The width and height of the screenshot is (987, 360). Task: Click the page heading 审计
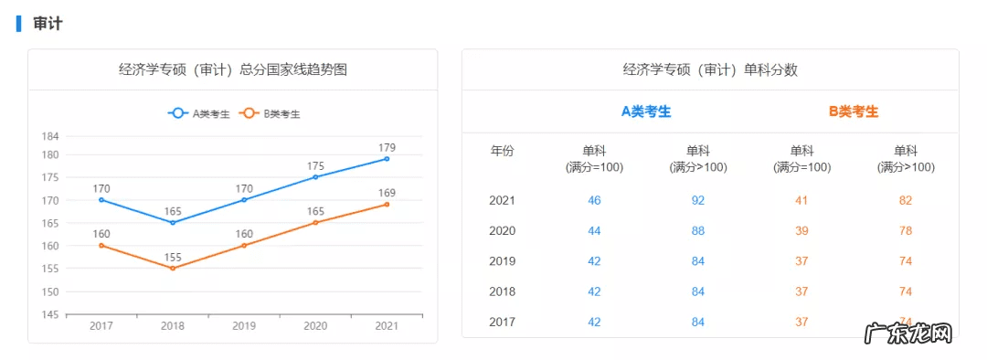tap(48, 24)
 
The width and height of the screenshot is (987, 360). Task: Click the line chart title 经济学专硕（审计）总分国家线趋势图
tap(232, 69)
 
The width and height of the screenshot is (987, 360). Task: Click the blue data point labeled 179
tap(387, 159)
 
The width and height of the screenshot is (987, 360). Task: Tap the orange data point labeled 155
tap(172, 268)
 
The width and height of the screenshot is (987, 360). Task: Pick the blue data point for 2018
tap(172, 222)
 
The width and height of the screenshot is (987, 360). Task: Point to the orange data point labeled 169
tap(387, 204)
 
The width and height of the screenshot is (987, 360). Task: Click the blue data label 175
tap(315, 166)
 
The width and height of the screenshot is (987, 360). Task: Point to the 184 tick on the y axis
tap(50, 136)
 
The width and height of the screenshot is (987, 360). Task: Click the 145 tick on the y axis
tap(50, 314)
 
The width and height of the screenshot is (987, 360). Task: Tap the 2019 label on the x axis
tap(244, 326)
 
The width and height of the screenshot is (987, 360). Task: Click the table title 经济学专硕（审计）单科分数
tap(710, 69)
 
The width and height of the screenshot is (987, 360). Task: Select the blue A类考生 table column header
tap(646, 111)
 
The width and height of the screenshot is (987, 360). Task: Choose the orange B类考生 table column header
tap(854, 111)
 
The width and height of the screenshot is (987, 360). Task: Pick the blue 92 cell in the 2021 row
tap(698, 200)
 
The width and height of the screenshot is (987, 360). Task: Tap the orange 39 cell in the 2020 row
tap(801, 231)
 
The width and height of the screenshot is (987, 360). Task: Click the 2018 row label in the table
tap(503, 291)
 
